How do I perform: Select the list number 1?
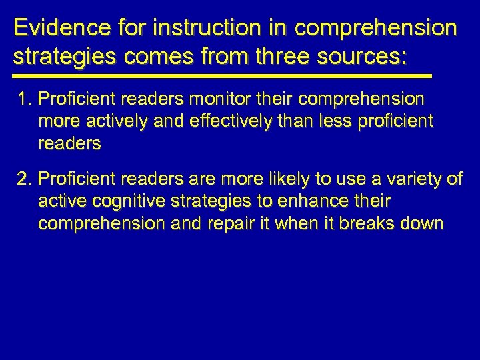25,100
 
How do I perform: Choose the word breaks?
370,223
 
